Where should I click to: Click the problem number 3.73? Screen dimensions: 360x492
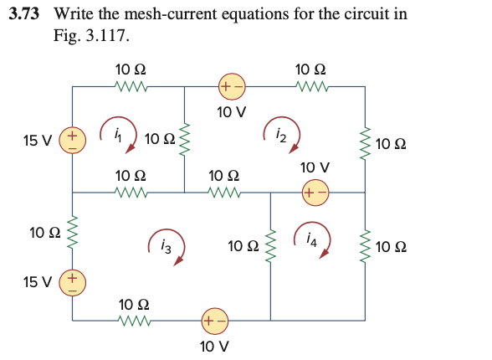point(33,14)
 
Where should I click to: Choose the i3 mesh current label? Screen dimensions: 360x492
point(166,247)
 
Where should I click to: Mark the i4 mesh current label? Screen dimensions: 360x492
point(310,241)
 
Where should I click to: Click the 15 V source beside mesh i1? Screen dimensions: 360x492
point(72,138)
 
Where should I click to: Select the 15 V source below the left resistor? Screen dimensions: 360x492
point(72,282)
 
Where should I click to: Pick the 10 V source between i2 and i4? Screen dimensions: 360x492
point(315,192)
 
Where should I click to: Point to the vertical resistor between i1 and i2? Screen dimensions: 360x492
point(185,138)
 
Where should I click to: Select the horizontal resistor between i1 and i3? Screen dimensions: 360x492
point(131,193)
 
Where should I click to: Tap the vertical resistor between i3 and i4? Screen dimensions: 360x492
point(270,246)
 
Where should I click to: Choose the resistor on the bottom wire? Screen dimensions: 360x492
point(134,319)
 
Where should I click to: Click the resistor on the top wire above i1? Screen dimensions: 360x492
point(131,85)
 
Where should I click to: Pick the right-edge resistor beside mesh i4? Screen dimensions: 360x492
point(364,246)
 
